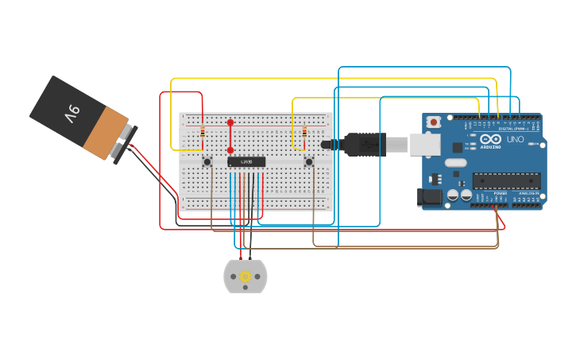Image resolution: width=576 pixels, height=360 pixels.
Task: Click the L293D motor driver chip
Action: click(246, 162)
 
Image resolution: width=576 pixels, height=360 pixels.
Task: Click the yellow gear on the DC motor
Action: click(245, 277)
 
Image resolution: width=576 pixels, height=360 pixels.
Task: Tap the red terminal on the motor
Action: click(241, 258)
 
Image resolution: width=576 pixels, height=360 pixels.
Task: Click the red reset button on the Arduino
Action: click(434, 122)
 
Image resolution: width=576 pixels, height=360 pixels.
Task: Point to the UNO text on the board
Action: click(515, 140)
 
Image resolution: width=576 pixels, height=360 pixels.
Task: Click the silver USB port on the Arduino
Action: click(426, 144)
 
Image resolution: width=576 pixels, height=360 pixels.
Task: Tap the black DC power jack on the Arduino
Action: click(430, 197)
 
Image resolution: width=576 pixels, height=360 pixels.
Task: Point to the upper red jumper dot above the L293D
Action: click(230, 122)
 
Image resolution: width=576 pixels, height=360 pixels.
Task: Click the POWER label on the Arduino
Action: click(501, 193)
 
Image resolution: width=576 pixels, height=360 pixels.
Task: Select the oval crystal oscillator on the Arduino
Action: click(455, 163)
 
